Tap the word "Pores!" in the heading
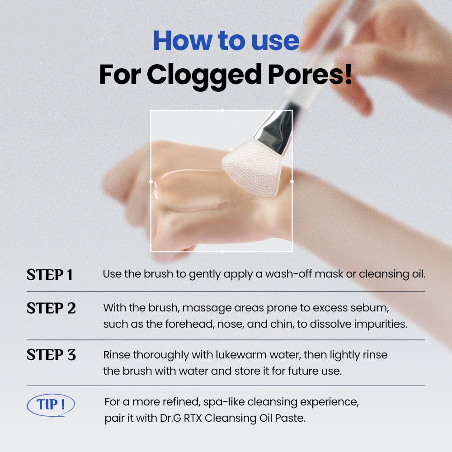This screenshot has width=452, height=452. click(x=310, y=75)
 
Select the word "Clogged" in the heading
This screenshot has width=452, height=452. click(x=204, y=76)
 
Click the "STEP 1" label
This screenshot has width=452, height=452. click(x=49, y=274)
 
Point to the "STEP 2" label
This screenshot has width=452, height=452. click(x=51, y=308)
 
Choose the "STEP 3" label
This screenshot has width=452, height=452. click(x=51, y=354)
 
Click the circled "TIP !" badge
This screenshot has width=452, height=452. click(x=51, y=405)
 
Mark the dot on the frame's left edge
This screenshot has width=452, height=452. click(x=151, y=181)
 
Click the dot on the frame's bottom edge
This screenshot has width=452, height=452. click(x=222, y=252)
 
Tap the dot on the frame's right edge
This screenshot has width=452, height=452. click(x=292, y=181)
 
